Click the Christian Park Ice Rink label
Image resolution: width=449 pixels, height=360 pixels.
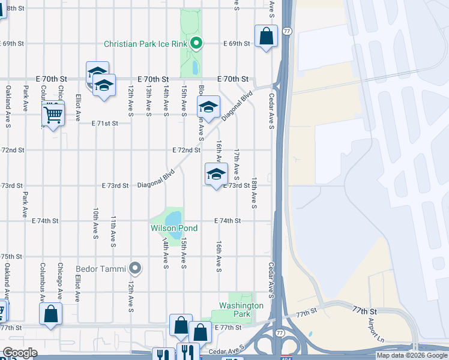(146, 44)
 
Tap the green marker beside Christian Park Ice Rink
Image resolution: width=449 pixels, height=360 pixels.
(196, 43)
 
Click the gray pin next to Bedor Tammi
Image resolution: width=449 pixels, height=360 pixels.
(136, 268)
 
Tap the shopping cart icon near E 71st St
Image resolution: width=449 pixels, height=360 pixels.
(53, 113)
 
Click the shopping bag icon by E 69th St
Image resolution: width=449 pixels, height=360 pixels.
(266, 37)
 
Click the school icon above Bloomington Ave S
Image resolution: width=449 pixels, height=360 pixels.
(208, 107)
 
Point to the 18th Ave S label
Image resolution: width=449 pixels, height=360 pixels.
(255, 193)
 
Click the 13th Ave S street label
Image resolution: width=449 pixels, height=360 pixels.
(148, 99)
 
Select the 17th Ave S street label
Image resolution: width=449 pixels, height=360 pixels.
(237, 164)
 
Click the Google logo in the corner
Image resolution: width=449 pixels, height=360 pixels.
(20, 353)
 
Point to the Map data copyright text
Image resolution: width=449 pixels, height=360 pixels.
(411, 355)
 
